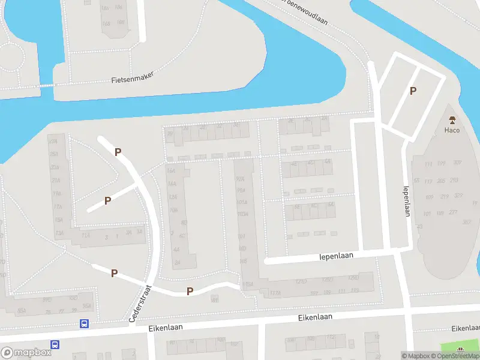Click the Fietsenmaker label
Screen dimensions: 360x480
click(133, 77)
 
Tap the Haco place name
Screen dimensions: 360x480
click(452, 130)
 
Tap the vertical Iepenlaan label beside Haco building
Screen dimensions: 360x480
click(407, 200)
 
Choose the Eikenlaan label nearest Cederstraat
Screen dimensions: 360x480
click(166, 328)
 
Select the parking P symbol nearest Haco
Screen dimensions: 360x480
click(412, 91)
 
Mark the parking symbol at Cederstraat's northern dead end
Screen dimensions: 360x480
click(118, 152)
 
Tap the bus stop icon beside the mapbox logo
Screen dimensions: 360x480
click(55, 345)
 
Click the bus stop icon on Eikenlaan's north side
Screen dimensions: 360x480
click(84, 324)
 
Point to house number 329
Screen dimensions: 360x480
click(459, 196)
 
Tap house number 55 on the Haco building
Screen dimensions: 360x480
click(416, 180)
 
